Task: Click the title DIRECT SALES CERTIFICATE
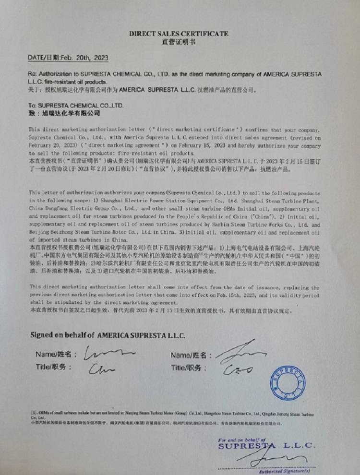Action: [179, 34]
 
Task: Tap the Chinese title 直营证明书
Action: [179, 42]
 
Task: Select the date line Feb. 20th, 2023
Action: [68, 58]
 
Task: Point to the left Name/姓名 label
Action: [56, 355]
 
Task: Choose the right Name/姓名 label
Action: [192, 355]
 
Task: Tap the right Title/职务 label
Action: [190, 368]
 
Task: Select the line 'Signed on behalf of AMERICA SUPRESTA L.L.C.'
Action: [108, 335]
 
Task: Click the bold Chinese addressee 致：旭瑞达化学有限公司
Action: [64, 113]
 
